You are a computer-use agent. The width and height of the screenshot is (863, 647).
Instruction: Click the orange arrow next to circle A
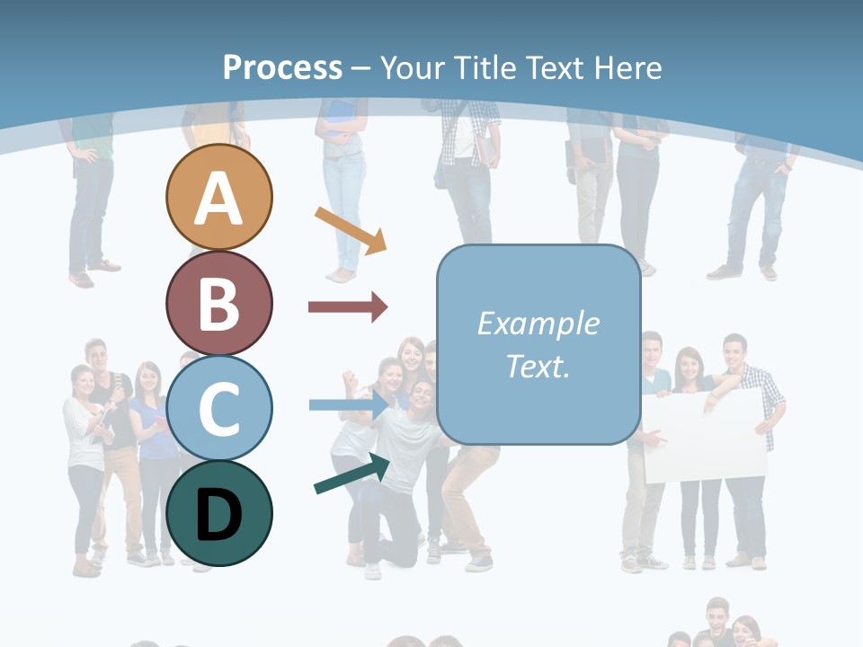tap(351, 229)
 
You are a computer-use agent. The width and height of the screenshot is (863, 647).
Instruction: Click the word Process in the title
tap(282, 67)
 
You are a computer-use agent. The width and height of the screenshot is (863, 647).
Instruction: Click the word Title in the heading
tap(485, 67)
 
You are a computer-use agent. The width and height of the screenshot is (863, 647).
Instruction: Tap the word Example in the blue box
tap(538, 323)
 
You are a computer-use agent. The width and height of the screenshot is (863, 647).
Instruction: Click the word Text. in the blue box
tap(538, 367)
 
